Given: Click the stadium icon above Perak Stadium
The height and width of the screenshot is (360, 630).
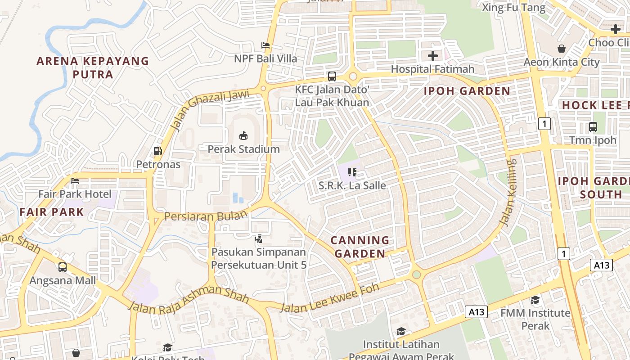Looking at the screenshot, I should pos(243,135).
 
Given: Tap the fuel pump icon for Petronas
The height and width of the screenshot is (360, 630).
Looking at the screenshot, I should pos(157,151).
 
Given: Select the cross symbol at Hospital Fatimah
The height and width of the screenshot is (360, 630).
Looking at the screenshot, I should pos(433,56).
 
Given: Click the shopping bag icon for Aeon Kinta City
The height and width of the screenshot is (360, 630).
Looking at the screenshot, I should pos(562,49).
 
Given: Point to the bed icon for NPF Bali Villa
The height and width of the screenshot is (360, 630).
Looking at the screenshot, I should pos(265,45).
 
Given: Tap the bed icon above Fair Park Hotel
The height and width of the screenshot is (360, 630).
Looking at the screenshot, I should pos(75,181).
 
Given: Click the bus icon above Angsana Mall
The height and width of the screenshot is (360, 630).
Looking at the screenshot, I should pos(63,267).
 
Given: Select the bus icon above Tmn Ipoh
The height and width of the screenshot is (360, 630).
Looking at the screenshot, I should pos(593,127).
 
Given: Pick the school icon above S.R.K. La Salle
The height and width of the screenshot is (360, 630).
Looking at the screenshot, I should pos(352,172).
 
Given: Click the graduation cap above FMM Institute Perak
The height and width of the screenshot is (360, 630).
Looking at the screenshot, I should pos(535,300).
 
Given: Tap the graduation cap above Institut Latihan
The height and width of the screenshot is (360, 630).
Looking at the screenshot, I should pos(401,332).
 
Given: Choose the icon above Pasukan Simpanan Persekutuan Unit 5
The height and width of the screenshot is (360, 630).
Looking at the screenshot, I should pos(259,239).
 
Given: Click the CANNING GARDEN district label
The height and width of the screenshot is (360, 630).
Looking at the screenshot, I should pos(360,247).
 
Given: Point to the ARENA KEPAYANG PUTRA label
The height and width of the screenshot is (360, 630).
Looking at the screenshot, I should pos(93,67).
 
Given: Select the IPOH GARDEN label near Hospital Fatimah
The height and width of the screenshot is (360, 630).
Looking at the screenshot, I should pos(467,91).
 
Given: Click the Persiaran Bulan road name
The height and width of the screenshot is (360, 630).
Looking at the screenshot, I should pos(206,216).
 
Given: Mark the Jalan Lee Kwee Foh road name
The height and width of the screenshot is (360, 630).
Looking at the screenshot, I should pos(329,299).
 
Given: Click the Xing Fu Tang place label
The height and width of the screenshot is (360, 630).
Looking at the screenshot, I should pos(513,8).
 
